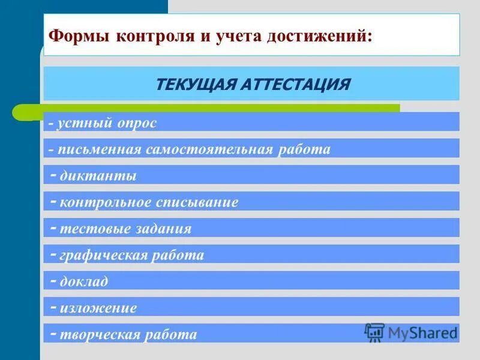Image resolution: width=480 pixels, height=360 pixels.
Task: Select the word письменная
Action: [100, 149]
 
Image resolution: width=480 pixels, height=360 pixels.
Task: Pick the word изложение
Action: [98, 308]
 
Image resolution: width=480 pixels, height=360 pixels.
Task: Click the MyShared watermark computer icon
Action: [374, 332]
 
